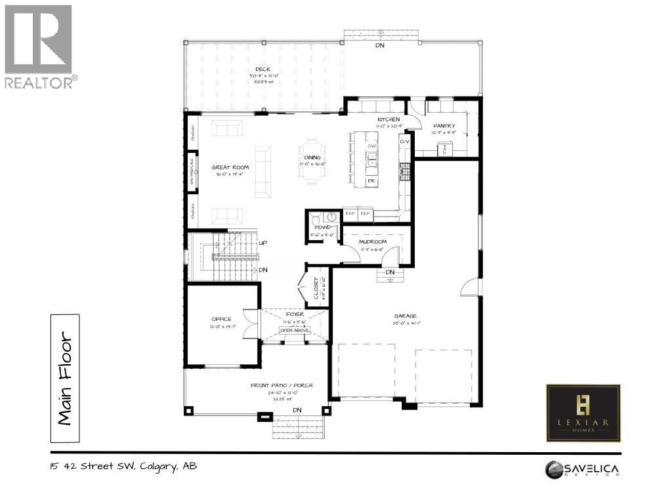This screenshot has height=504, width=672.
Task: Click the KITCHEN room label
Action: (x=388, y=119)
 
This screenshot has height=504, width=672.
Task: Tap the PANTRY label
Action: (x=444, y=125)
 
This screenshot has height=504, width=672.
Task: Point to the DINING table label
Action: (x=313, y=157)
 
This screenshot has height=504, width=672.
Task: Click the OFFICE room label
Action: (x=221, y=319)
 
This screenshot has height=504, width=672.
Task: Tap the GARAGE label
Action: (x=405, y=316)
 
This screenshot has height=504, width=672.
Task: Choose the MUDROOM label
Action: (x=372, y=241)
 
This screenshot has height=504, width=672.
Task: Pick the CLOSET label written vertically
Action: (x=316, y=287)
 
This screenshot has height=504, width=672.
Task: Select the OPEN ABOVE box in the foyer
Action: (x=294, y=330)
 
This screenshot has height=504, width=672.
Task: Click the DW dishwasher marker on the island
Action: (x=371, y=146)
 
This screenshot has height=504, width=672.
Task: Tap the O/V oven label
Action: (x=404, y=140)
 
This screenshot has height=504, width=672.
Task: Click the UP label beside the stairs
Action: (x=262, y=243)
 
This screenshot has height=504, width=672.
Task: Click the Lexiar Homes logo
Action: (x=583, y=412)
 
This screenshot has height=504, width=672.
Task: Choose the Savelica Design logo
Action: (x=583, y=470)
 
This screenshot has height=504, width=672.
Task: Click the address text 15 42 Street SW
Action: (x=123, y=467)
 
